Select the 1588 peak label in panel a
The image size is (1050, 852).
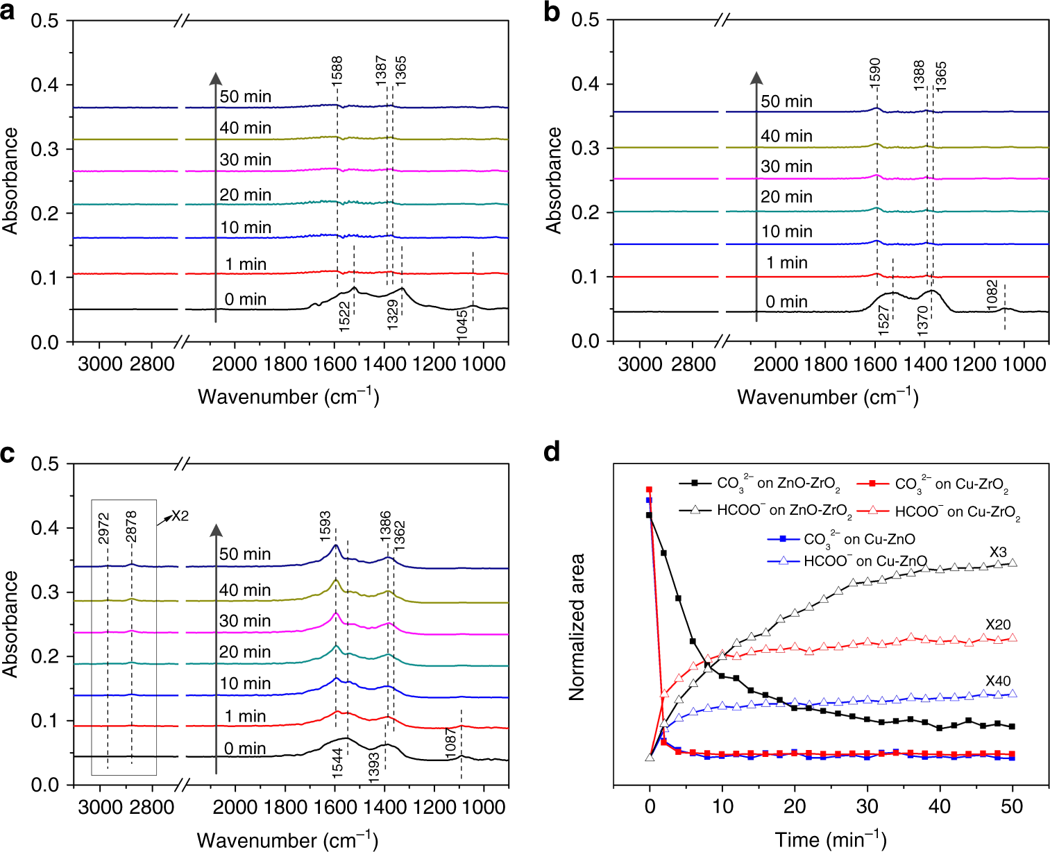pos(337,71)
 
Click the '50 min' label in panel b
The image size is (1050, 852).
pos(786,101)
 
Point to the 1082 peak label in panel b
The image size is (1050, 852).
pos(992,296)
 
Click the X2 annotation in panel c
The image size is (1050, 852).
pos(180,516)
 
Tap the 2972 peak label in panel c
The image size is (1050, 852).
pos(104,528)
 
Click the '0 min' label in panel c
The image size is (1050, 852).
pos(245,749)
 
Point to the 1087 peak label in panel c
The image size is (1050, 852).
pos(451,743)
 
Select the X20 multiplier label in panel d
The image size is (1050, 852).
pos(998,624)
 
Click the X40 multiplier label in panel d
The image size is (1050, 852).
pos(998,681)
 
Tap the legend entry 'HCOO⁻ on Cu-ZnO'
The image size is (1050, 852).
pos(865,561)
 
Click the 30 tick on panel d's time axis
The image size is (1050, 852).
pos(867,806)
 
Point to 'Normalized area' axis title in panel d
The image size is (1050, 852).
pos(577,627)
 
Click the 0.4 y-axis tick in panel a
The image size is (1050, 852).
pos(45,85)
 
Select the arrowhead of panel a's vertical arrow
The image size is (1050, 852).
pos(216,78)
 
